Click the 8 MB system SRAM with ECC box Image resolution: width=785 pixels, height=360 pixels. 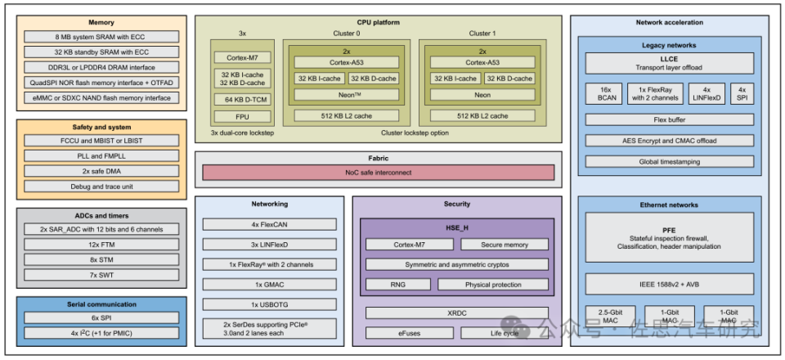[x=101, y=37]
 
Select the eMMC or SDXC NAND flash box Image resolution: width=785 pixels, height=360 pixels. [x=101, y=98]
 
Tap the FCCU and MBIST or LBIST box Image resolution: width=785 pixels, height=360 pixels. [x=101, y=142]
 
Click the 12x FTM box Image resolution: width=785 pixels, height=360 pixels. [x=101, y=245]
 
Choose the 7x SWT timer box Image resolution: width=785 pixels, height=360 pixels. [x=101, y=276]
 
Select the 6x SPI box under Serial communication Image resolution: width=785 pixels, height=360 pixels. [x=101, y=318]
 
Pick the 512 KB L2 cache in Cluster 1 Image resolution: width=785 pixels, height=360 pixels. [x=482, y=115]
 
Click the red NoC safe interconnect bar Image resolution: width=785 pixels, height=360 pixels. [x=378, y=173]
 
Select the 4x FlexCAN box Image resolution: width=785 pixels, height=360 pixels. [x=269, y=224]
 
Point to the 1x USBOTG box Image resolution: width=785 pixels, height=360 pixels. [x=269, y=305]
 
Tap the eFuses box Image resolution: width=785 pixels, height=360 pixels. [x=409, y=333]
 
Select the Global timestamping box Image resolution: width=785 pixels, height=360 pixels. [x=669, y=162]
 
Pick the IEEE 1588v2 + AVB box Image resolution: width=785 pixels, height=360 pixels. [x=669, y=283]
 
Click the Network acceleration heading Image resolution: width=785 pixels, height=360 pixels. [x=669, y=22]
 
